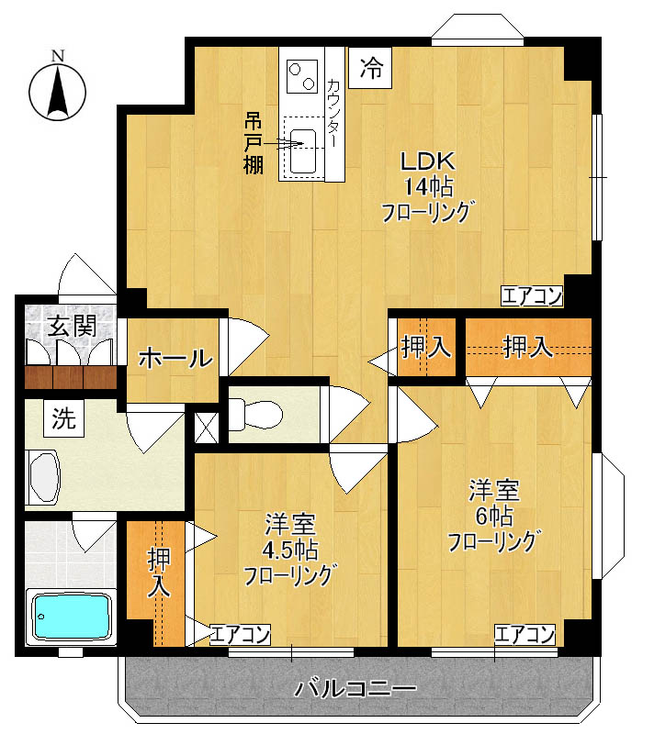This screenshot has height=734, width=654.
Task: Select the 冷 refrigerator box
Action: [x=371, y=67]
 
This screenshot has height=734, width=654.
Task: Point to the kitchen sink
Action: [x=302, y=145]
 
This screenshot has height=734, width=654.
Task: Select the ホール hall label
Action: [x=175, y=359]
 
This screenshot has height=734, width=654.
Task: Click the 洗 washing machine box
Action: [x=63, y=420]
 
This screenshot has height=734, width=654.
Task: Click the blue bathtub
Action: [x=70, y=616]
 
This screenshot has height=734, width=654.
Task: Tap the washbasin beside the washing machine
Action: [x=43, y=475]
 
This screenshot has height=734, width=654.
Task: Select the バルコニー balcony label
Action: [x=356, y=688]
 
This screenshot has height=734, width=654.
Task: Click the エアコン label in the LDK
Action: [x=532, y=295]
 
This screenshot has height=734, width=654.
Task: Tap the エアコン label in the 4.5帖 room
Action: [x=241, y=633]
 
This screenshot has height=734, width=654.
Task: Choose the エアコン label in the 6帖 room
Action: [x=525, y=633]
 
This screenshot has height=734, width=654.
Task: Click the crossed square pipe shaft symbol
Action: [x=207, y=426]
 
